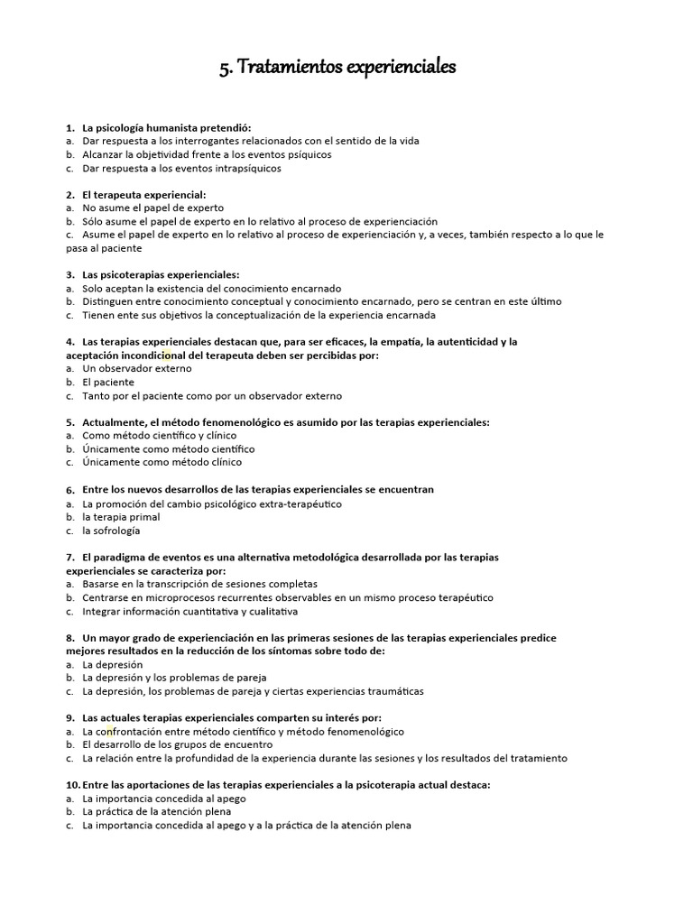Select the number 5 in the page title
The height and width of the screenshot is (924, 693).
pos(224,69)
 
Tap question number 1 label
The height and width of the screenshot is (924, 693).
pos(70,127)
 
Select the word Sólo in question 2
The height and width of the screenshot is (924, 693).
pos(94,221)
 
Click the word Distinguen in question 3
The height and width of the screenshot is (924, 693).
pos(111,301)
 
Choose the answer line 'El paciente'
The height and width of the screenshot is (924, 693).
pos(108,382)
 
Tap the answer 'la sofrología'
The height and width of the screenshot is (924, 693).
pos(111,531)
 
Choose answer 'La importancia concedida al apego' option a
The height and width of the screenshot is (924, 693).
pos(164,799)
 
